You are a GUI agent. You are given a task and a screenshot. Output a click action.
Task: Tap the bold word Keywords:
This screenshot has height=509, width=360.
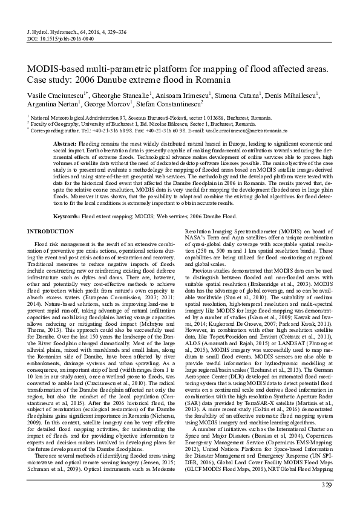pyautogui.click(x=67, y=216)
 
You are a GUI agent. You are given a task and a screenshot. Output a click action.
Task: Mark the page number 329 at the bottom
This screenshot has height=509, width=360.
pyautogui.click(x=327, y=485)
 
